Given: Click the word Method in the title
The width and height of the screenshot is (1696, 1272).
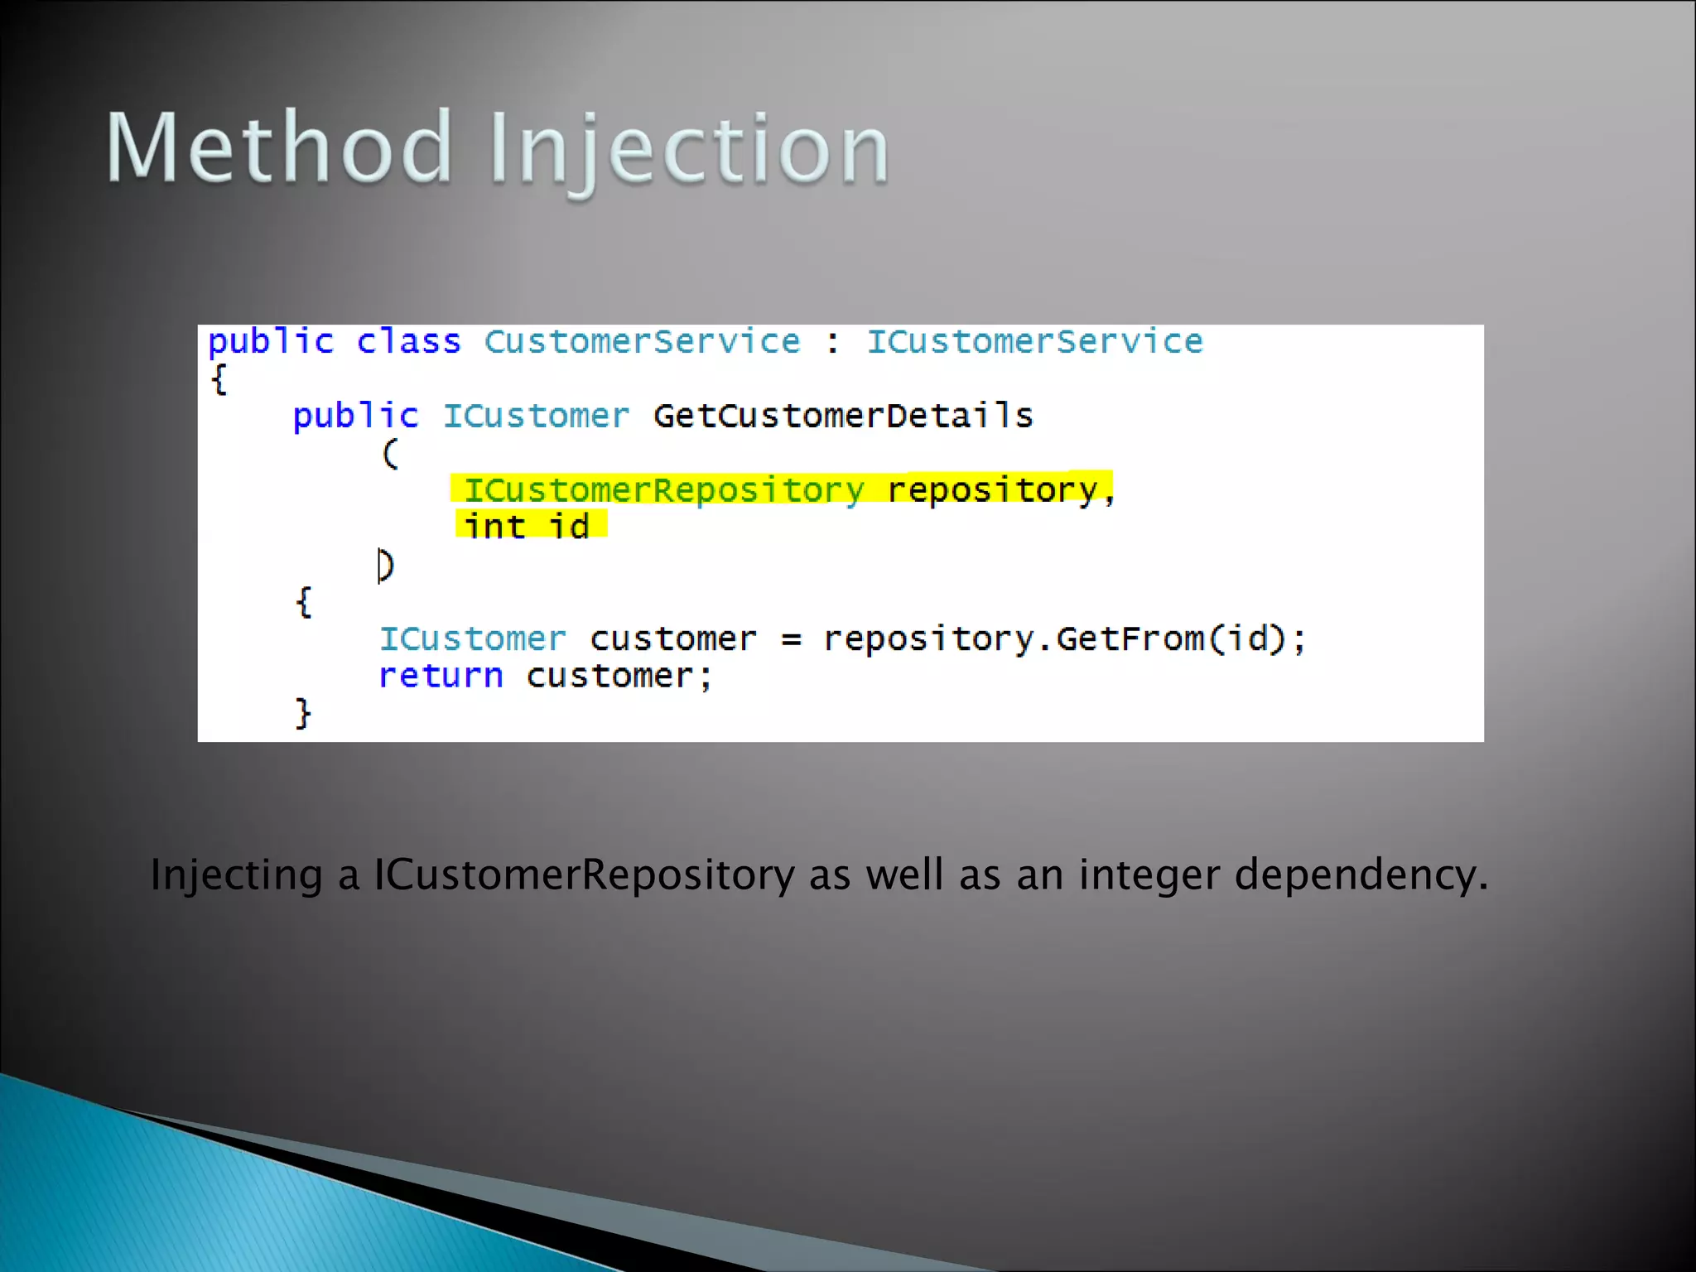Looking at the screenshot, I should tap(279, 147).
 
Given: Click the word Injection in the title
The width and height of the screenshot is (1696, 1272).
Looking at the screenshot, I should tap(689, 149).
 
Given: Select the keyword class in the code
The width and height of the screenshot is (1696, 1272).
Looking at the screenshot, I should tap(408, 342).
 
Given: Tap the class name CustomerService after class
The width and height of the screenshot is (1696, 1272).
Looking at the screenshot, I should tap(642, 342).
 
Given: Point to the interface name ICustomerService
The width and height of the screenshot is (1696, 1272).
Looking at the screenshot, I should tap(1034, 342).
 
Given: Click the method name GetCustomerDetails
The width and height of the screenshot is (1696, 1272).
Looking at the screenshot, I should tap(843, 416).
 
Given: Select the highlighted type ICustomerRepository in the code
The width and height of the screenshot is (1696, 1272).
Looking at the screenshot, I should tap(664, 490).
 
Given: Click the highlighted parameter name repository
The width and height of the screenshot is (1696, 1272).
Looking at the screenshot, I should tap(992, 490).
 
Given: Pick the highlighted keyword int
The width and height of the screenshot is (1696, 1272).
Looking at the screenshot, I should tap(494, 527).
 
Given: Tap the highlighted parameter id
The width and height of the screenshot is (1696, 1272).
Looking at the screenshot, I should tap(570, 527).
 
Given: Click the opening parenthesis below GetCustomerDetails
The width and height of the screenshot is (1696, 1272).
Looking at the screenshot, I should tap(390, 454).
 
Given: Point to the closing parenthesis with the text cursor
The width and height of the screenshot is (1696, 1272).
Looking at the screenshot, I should tap(386, 566).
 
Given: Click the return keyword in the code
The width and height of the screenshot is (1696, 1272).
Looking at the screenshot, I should tap(441, 677).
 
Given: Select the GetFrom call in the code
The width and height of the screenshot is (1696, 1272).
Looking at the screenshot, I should tap(1130, 639).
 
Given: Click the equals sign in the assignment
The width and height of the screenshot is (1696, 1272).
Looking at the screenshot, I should tap(791, 639).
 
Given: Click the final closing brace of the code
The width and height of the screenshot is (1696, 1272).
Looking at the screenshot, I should tap(303, 713).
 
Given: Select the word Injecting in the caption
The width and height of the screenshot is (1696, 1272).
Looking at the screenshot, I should tap(236, 875).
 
